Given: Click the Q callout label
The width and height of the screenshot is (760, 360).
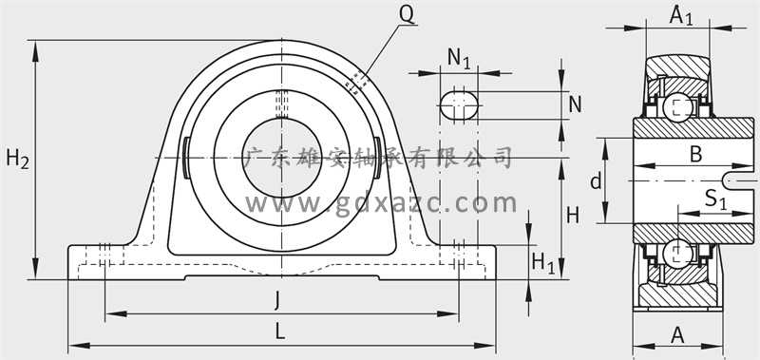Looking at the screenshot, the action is point(407,15).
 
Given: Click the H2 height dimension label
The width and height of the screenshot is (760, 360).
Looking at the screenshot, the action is point(17,159).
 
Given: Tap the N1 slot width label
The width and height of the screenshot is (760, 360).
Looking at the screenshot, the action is point(459,58).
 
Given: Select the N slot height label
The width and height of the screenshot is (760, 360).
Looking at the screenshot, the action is point(575,104).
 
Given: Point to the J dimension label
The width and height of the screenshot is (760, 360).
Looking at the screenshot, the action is point(276,300).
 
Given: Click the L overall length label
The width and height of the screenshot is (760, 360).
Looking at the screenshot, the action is point(279,332).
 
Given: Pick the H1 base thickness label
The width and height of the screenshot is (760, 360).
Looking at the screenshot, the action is point(542,263).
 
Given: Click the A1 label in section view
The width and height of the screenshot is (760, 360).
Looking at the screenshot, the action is point(681,16).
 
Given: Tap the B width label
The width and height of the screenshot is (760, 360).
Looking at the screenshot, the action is point(695,155).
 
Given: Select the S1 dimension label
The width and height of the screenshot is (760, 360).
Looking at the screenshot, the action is point(715,199).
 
